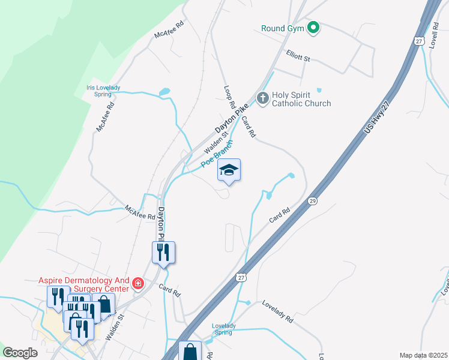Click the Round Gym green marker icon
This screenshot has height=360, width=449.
tap(313, 27)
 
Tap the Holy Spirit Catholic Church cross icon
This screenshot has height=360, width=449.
tap(262, 98)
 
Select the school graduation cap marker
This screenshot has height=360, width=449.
tap(229, 171)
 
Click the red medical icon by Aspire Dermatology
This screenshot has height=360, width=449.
tap(138, 283)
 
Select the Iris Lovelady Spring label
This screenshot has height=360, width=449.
tap(103, 91)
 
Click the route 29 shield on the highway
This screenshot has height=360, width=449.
tap(312, 200)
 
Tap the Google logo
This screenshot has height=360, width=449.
tap(20, 353)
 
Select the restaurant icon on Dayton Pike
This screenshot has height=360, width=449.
tap(163, 253)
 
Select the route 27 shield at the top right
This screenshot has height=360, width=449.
tap(418, 40)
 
